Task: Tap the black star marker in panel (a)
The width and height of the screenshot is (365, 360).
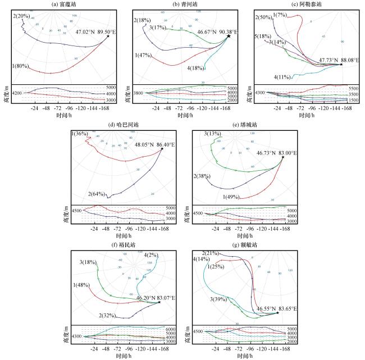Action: coord(108,37)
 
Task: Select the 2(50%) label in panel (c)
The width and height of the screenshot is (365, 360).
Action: coord(264,18)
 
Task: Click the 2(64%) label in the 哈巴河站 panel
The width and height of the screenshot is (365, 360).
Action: coord(99,194)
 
